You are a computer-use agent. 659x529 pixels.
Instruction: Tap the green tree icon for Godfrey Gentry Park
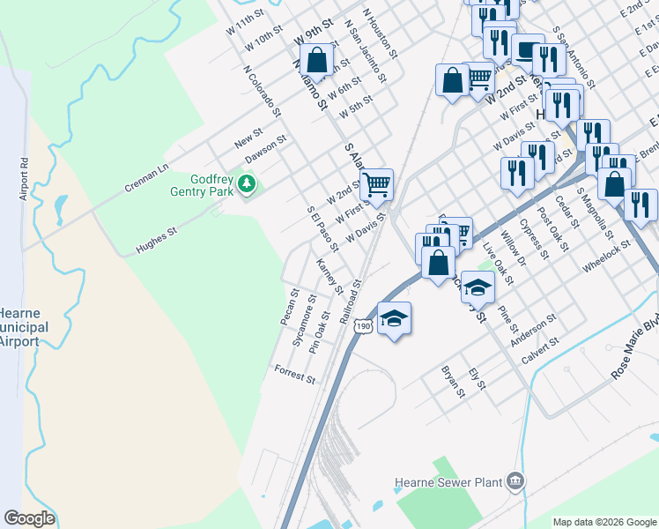coord(248,184)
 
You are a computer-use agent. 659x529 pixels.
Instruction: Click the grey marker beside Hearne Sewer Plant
coord(515,481)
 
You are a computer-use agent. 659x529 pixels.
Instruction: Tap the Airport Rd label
coord(25,180)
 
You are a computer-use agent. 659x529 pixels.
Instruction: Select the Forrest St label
coord(295,375)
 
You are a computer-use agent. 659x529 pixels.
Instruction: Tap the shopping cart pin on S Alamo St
coord(376,185)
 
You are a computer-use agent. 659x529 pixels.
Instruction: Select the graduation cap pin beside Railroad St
coord(395,318)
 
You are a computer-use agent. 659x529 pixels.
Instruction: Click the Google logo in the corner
coord(29,518)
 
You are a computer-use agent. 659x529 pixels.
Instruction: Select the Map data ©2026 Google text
coord(604,522)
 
